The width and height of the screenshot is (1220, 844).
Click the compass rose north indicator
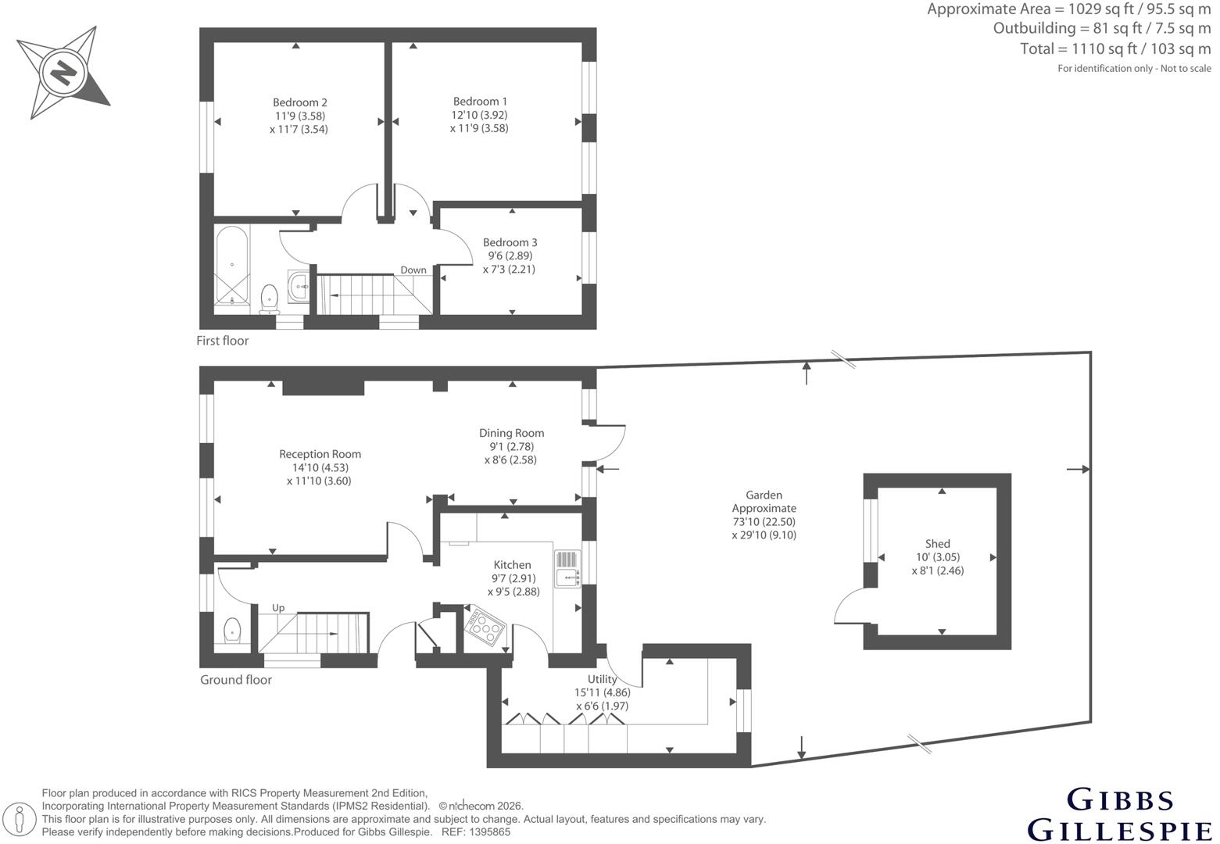click(63, 72)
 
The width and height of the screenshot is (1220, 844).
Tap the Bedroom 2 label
click(299, 102)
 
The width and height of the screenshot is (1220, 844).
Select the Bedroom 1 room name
click(480, 102)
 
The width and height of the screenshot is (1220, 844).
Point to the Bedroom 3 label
click(510, 242)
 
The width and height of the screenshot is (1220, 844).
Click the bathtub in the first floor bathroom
click(232, 266)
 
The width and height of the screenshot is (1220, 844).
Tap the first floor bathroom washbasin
click(299, 285)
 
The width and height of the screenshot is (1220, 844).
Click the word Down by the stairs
click(413, 270)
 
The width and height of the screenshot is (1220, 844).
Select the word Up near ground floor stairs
click(278, 608)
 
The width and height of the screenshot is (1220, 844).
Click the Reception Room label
click(320, 454)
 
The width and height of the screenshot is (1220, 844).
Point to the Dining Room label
click(511, 433)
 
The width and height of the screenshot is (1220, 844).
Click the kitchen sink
click(567, 569)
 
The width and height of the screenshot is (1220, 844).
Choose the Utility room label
click(602, 679)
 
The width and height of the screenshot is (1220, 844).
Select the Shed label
click(937, 543)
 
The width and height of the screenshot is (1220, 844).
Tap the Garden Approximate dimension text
click(764, 514)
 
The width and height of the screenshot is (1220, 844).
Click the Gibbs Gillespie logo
click(1119, 814)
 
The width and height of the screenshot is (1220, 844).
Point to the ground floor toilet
click(233, 631)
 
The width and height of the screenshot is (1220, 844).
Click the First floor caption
click(222, 341)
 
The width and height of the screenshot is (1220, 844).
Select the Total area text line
click(1115, 49)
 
